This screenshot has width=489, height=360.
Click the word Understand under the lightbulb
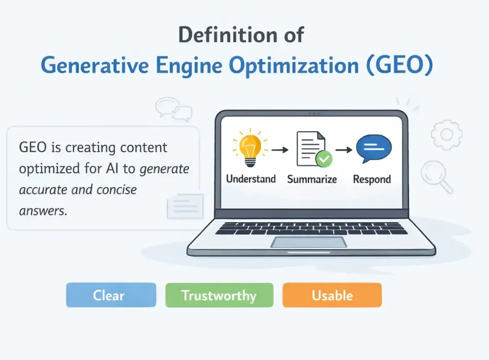point(251,179)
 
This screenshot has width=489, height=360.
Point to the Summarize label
point(312,179)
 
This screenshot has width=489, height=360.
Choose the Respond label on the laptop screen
point(372,179)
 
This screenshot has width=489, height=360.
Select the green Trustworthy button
point(219,296)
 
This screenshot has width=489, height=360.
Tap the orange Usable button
point(332,296)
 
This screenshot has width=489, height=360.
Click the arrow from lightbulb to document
point(280,150)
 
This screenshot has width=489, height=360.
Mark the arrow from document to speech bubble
point(343,150)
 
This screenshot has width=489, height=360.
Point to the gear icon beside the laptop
point(446,135)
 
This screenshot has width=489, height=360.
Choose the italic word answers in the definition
point(43,210)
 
